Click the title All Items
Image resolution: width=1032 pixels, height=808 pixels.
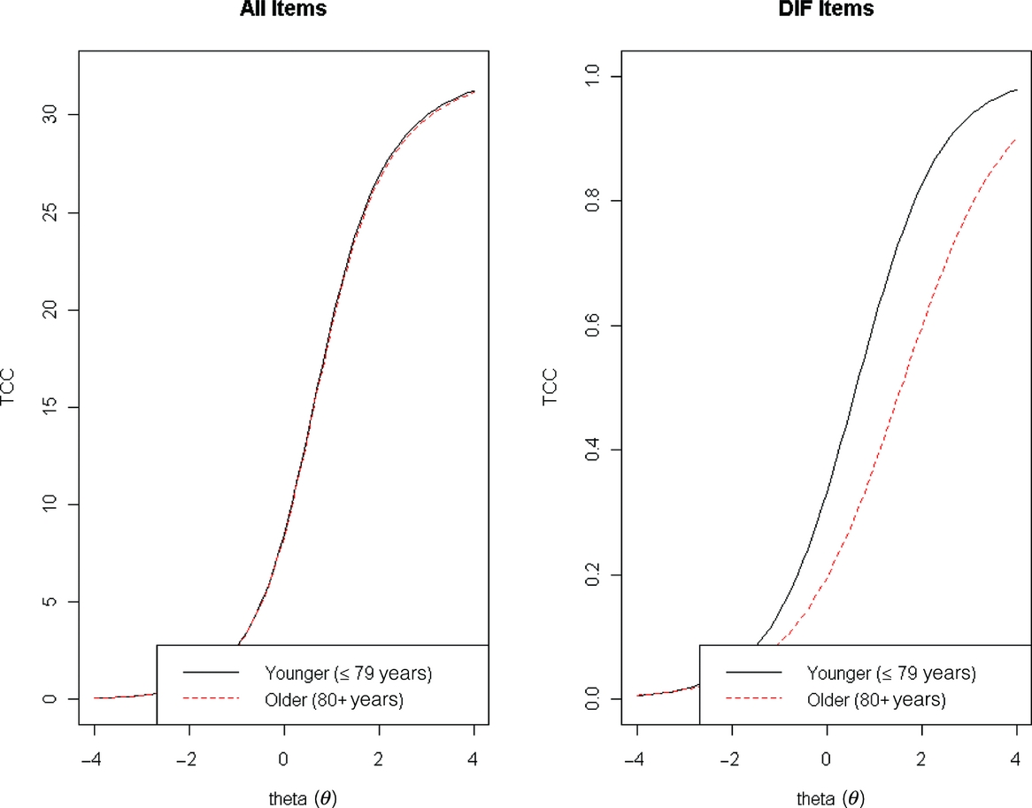pyautogui.click(x=283, y=10)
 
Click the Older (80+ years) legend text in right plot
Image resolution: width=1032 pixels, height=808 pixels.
pyautogui.click(x=876, y=699)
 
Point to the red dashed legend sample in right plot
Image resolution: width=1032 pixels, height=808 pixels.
pyautogui.click(x=753, y=699)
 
